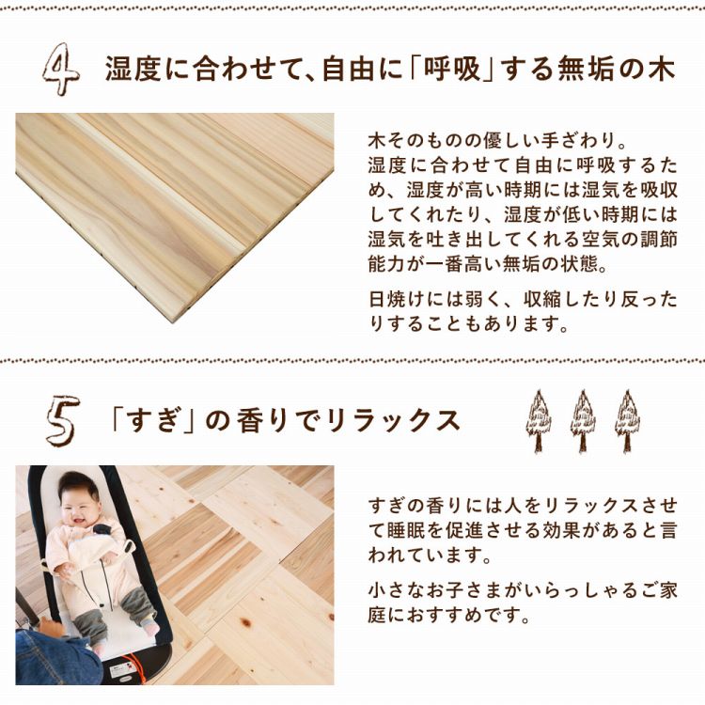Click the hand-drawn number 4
point(62,69)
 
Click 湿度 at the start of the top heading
point(133,70)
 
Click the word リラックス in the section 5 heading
point(393,420)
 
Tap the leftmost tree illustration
point(539,421)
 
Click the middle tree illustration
point(583,421)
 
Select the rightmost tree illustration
point(627,421)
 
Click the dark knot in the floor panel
point(246,622)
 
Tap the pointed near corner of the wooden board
point(172,321)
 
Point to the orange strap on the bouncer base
point(132,666)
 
